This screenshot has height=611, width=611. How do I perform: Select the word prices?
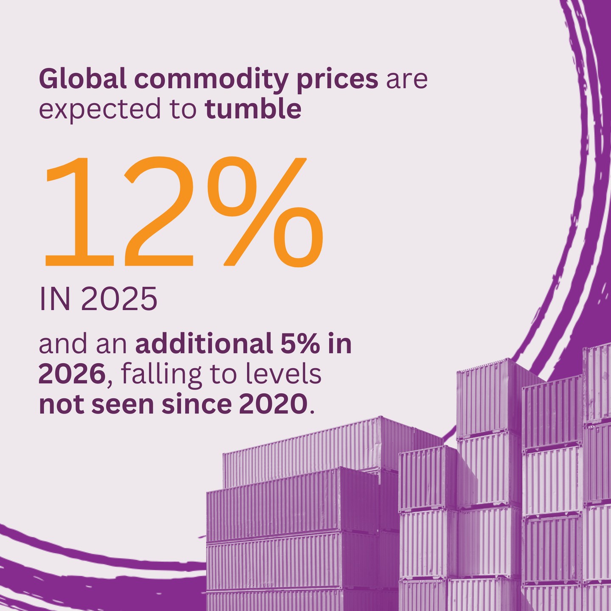[x=337, y=80]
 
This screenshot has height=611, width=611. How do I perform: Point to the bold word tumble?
[x=253, y=109]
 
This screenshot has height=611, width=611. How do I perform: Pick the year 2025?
[x=118, y=300]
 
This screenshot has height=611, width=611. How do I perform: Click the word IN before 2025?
[x=55, y=300]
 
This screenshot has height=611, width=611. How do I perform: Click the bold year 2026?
[x=72, y=374]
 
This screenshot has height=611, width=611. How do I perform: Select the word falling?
[x=161, y=375]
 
